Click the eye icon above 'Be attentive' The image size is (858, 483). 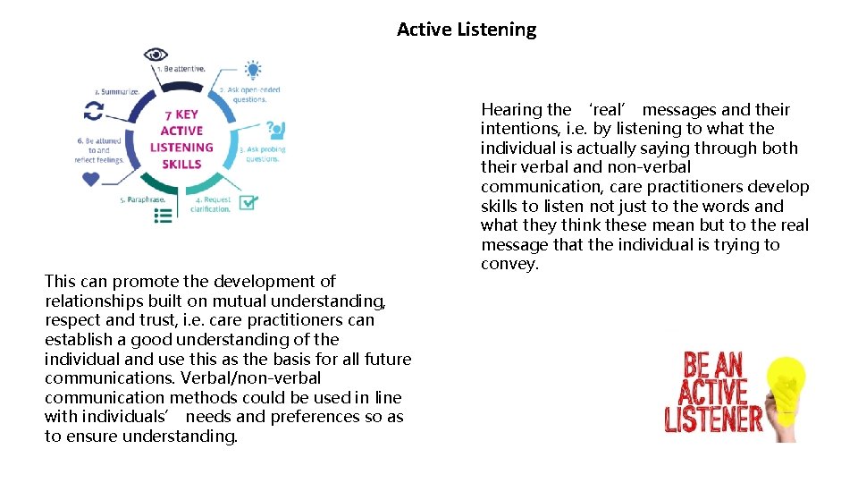click(x=156, y=54)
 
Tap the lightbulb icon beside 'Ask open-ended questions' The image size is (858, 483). click(x=253, y=69)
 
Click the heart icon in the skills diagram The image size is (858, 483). click(x=90, y=179)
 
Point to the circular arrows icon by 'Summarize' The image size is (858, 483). click(x=93, y=110)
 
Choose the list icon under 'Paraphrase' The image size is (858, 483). click(x=164, y=215)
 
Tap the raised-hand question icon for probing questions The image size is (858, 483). click(x=275, y=130)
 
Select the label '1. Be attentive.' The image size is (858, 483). click(x=181, y=68)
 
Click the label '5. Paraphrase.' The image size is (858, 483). click(x=143, y=199)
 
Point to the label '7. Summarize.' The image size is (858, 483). click(x=117, y=91)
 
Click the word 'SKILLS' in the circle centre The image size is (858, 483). click(x=181, y=164)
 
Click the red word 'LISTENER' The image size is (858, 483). click(x=713, y=418)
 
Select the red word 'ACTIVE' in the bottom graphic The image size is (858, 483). click(x=712, y=392)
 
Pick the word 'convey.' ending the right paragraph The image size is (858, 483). click(x=509, y=264)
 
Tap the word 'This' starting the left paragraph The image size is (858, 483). click(x=60, y=282)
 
